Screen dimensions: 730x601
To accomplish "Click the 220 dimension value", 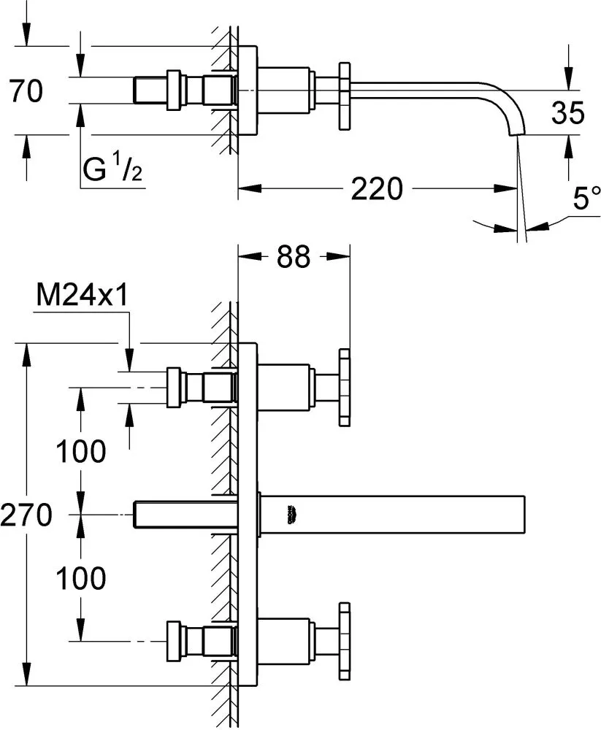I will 378,190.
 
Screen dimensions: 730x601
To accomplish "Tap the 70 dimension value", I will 26,92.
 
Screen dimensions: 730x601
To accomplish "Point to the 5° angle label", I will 586,199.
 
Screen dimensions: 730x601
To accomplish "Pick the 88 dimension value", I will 294,256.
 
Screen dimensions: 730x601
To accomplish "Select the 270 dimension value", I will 26,515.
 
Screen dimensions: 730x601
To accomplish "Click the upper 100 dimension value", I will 82,451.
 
